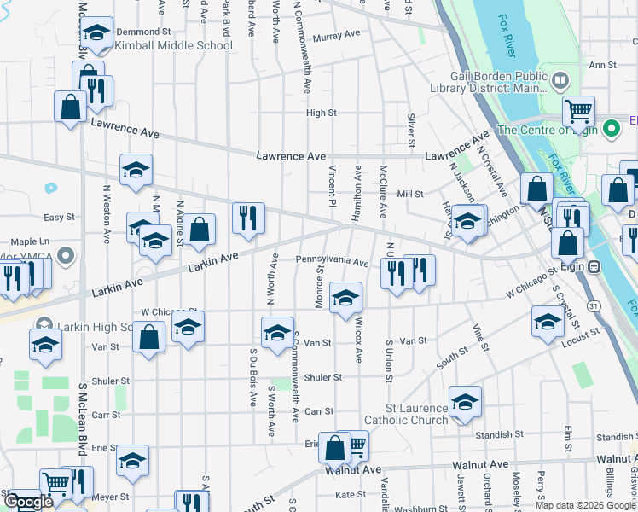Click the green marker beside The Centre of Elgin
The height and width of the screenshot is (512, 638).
[x=611, y=130]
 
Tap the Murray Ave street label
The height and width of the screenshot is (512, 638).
[x=336, y=37]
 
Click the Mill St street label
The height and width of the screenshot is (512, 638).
[x=409, y=195]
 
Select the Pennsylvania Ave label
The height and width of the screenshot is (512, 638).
[x=332, y=260]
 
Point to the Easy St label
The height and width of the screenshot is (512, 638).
[x=60, y=218]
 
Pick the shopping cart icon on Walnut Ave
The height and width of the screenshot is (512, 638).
[x=357, y=443]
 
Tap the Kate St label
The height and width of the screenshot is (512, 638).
[x=351, y=494]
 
